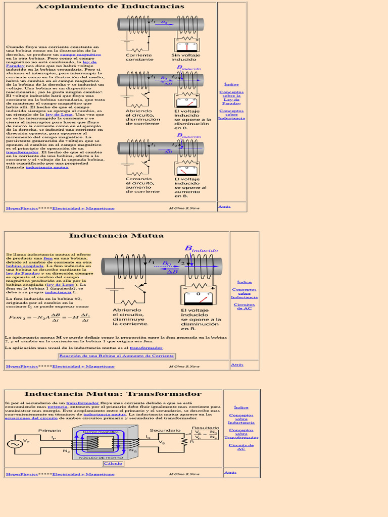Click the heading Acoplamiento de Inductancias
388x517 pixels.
coord(110,7)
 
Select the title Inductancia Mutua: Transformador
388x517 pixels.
coord(113,394)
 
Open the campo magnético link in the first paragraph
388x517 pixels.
coord(88,55)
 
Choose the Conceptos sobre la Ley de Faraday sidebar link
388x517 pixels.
coord(231,97)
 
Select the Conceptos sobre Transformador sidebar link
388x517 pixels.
coord(241,434)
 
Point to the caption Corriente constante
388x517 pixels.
coord(139,57)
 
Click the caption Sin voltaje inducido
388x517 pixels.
coord(185,57)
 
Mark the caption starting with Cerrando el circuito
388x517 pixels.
coord(142,185)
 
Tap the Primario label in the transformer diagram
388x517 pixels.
coord(50,431)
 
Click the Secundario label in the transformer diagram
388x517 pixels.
coord(168,431)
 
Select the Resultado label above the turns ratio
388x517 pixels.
coord(205,428)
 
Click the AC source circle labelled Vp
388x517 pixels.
coord(13,443)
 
